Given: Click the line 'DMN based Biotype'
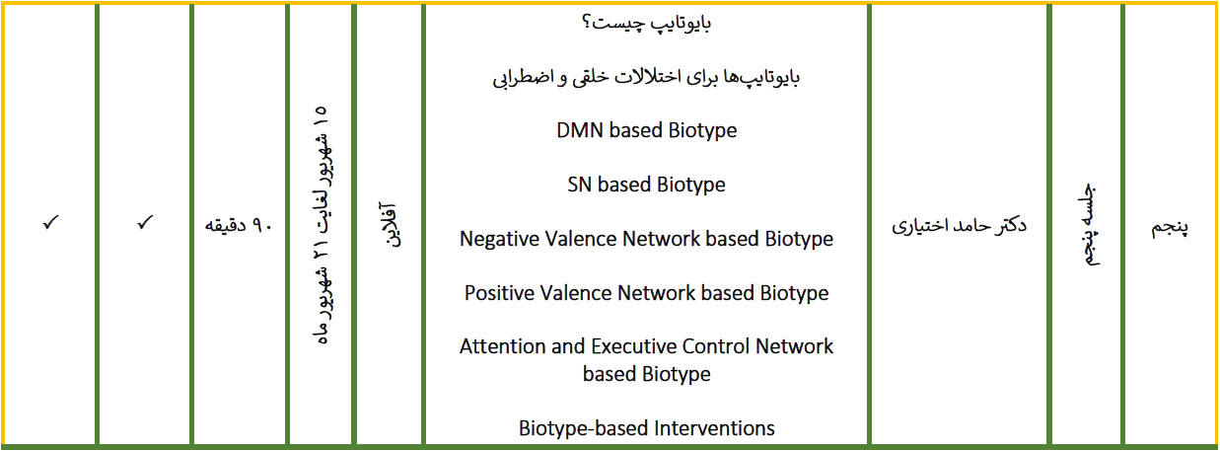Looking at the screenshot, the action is pos(646,130).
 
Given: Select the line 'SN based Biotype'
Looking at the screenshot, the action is pos(646,185).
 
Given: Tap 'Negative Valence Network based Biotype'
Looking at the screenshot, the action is pos(646,239).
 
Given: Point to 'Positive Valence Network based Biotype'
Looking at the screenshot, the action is pos(646,293).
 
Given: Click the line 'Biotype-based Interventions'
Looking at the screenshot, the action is pos(646,428).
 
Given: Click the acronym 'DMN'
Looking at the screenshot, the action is pos(580,130).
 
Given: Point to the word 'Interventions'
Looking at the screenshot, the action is pos(714,428).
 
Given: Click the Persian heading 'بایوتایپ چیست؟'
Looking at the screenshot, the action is pos(646,24).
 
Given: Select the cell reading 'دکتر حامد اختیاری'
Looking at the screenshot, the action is pos(959,225).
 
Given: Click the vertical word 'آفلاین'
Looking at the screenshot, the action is pos(389,224).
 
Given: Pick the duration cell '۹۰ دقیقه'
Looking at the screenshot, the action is pos(238,225).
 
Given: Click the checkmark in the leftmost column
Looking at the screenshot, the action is pos(50,222).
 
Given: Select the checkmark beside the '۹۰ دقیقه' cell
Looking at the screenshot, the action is pos(145,222).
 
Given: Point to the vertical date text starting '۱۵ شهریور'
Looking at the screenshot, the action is pos(321,225).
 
